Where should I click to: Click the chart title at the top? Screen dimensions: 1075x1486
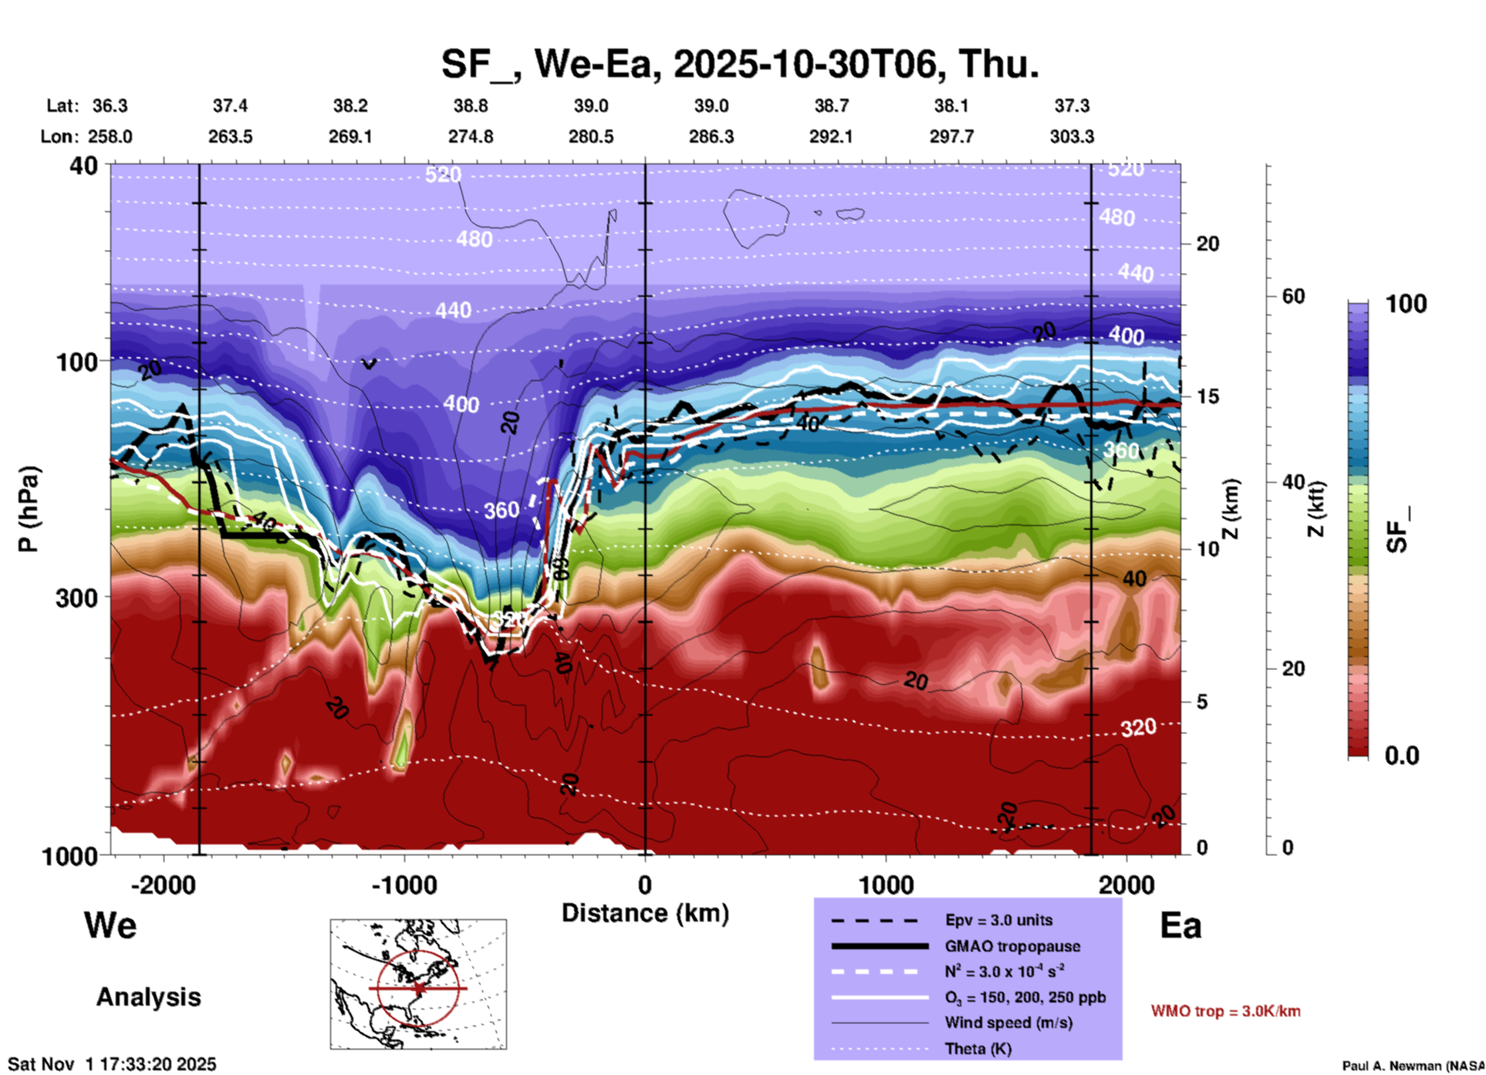740,63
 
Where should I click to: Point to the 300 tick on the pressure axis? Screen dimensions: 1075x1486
76,598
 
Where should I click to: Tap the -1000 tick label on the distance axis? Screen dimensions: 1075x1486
404,885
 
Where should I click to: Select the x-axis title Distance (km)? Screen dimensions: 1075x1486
645,913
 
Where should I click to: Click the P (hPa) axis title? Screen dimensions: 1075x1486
28,509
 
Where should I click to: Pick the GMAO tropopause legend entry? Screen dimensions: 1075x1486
1011,946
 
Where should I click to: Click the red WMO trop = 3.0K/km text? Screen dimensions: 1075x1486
1225,1011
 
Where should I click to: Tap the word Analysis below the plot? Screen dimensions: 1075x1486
148,997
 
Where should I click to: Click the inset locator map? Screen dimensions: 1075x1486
418,984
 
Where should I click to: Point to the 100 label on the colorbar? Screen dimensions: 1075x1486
1406,304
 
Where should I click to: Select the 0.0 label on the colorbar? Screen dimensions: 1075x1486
1402,756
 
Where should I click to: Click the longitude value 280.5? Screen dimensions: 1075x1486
591,136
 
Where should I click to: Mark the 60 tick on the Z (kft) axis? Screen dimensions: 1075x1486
1293,296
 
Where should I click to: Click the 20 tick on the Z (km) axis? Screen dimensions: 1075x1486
1207,244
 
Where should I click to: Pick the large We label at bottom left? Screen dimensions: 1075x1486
110,925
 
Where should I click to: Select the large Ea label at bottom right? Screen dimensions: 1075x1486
1180,925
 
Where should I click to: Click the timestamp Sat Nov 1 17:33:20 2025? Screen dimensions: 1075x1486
112,1064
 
